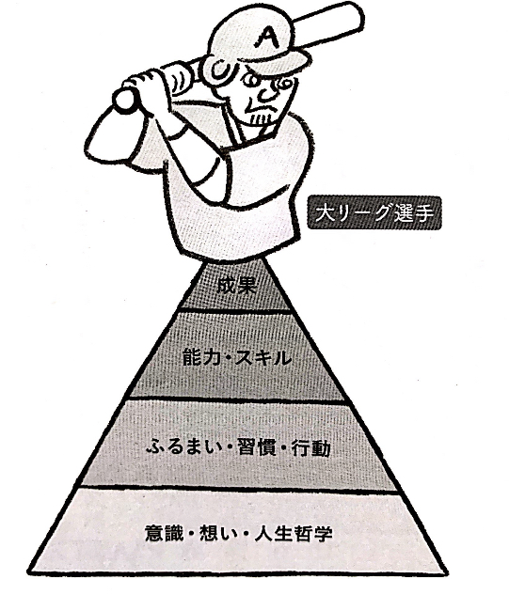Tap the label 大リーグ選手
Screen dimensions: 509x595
[374, 212]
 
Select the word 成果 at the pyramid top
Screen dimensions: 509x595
[236, 285]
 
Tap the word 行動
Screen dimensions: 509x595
[310, 448]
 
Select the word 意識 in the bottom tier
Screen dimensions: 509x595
[164, 533]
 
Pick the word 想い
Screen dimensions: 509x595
[218, 533]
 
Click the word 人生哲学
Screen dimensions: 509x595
[293, 533]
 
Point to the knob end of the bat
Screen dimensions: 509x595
[124, 100]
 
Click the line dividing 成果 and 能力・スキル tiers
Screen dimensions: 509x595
[235, 310]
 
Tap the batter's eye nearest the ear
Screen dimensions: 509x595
[251, 81]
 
